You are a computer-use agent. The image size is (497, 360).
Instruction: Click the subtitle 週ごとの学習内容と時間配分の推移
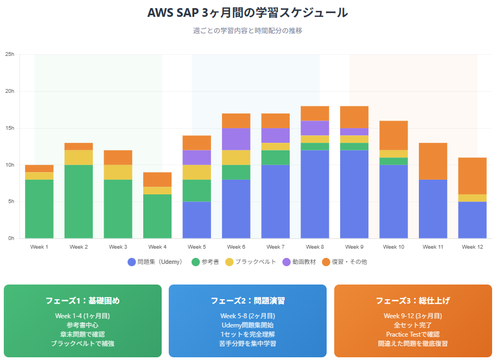point(247,31)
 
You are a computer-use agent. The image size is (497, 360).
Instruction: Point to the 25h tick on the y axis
point(9,54)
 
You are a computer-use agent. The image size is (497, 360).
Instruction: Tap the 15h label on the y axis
point(9,128)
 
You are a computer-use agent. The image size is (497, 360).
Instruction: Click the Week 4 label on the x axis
point(157,247)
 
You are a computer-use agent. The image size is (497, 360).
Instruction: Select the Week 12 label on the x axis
point(472,247)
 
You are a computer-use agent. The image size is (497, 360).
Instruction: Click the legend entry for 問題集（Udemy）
point(157,262)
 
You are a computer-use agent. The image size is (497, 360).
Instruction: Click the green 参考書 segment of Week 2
point(79,201)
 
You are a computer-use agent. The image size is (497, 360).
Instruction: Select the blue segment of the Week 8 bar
point(315,194)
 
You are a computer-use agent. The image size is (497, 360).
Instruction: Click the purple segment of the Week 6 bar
point(236,139)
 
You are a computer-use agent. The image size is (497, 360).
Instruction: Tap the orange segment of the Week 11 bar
point(433,161)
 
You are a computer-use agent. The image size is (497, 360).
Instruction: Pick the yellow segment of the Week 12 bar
point(472,198)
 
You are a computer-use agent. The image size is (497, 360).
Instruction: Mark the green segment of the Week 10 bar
point(393,161)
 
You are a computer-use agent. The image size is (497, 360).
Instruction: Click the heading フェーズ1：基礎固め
point(82,300)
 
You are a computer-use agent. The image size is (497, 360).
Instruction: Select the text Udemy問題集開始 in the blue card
point(247,325)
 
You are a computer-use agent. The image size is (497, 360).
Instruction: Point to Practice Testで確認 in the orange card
point(412,334)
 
